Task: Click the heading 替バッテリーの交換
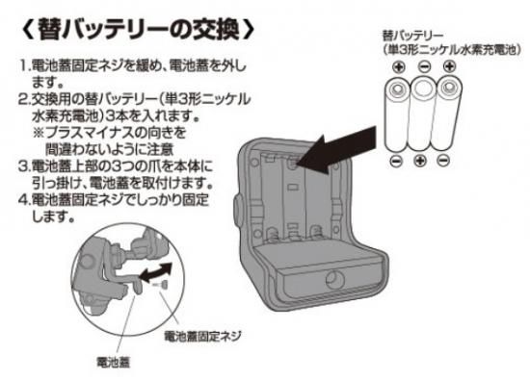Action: pos(138,30)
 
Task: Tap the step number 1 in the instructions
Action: pos(23,65)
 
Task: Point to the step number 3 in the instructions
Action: pos(23,166)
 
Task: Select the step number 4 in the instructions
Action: pos(23,200)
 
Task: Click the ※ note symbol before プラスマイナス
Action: pos(39,133)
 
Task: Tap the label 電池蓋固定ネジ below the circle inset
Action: pos(202,336)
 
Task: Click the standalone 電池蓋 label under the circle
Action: pos(113,363)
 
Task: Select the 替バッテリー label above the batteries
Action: pos(412,36)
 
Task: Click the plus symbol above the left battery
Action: pos(399,66)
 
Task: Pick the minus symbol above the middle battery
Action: pos(424,66)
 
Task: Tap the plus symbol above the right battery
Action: pos(450,66)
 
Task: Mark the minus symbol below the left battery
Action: pos(396,161)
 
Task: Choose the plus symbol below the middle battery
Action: pos(420,161)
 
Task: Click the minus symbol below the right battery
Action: pos(443,161)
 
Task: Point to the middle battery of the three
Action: pos(422,114)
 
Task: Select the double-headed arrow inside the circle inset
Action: pos(156,273)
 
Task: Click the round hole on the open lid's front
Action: pos(335,280)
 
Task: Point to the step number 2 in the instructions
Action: pos(23,99)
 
